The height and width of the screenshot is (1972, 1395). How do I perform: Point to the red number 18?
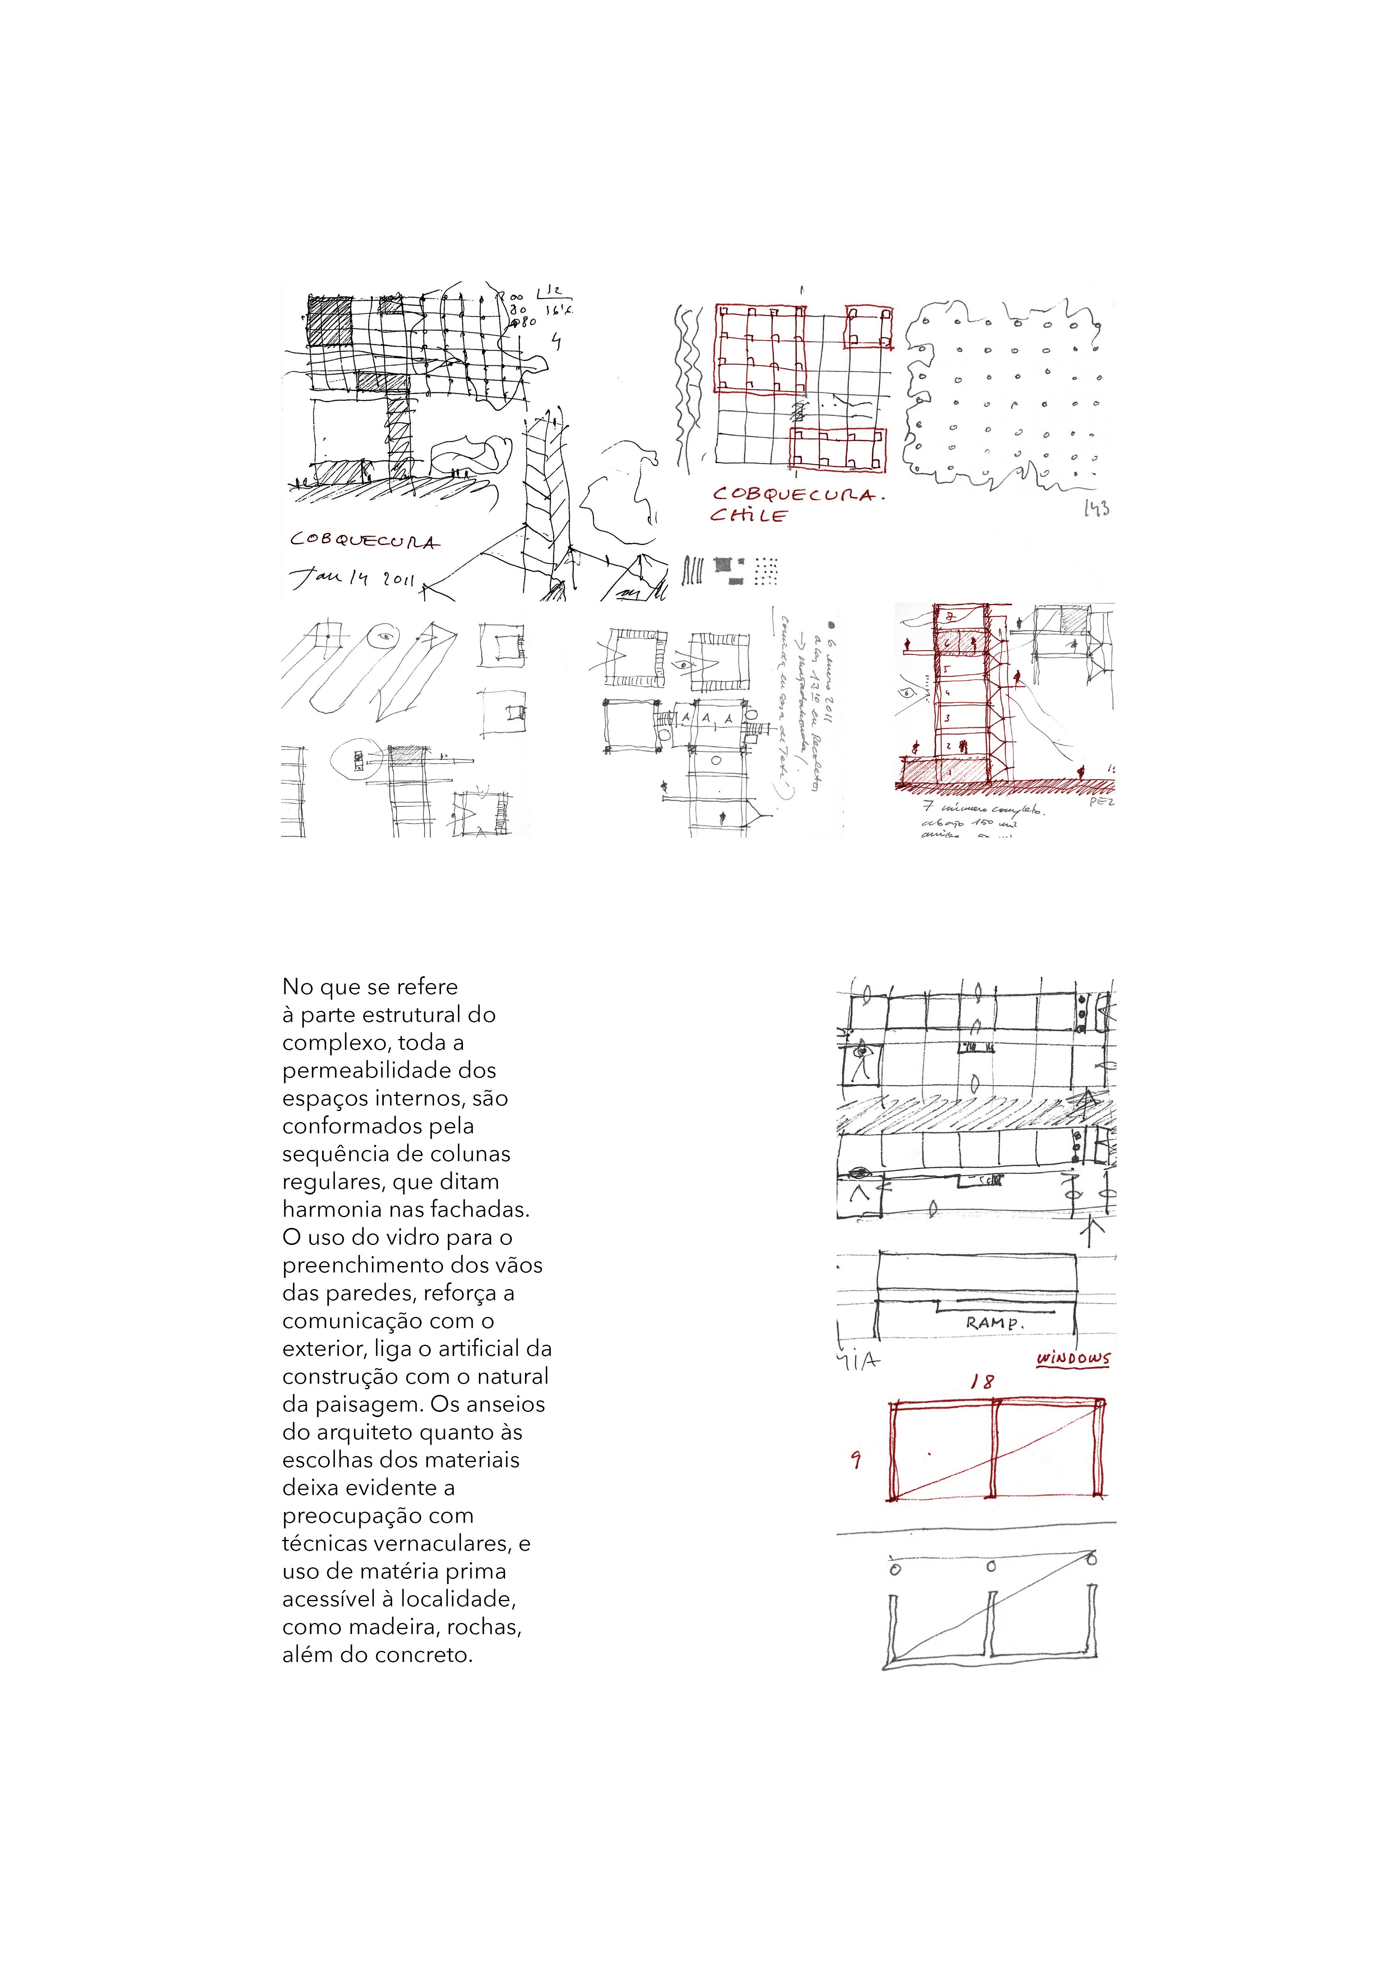[982, 1382]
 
